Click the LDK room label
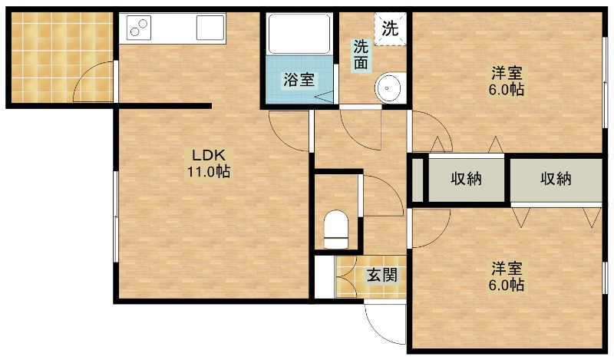coord(209,155)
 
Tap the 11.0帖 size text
coord(208,172)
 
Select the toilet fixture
coord(336,230)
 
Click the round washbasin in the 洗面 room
coord(388,88)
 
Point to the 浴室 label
coord(299,80)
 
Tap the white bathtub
coord(299,34)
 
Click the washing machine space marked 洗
coord(390,29)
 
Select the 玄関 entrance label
coord(381,276)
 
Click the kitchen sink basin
coord(210,28)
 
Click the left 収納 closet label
coord(466,179)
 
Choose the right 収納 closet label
coord(556,179)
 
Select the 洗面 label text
coord(361,54)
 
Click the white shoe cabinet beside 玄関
coord(325,276)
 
